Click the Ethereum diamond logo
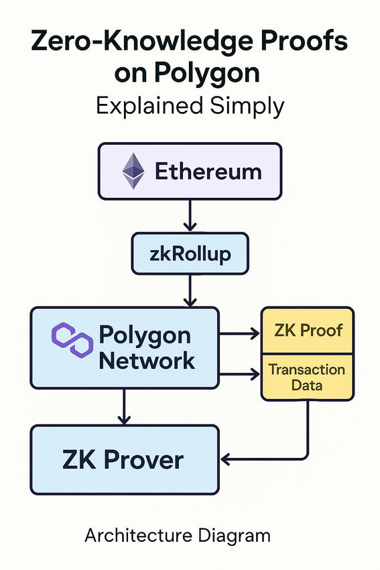pyautogui.click(x=133, y=171)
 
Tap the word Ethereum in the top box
pyautogui.click(x=208, y=172)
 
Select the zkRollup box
pyautogui.click(x=190, y=254)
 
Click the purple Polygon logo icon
pyautogui.click(x=72, y=338)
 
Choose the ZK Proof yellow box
pyautogui.click(x=308, y=330)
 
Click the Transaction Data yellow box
pyautogui.click(x=308, y=377)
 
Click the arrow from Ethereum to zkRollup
pyautogui.click(x=190, y=216)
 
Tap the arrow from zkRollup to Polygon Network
pyautogui.click(x=190, y=290)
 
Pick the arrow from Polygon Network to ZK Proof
pyautogui.click(x=239, y=332)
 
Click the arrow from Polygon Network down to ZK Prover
pyautogui.click(x=123, y=406)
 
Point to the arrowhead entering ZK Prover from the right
pyautogui.click(x=227, y=459)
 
